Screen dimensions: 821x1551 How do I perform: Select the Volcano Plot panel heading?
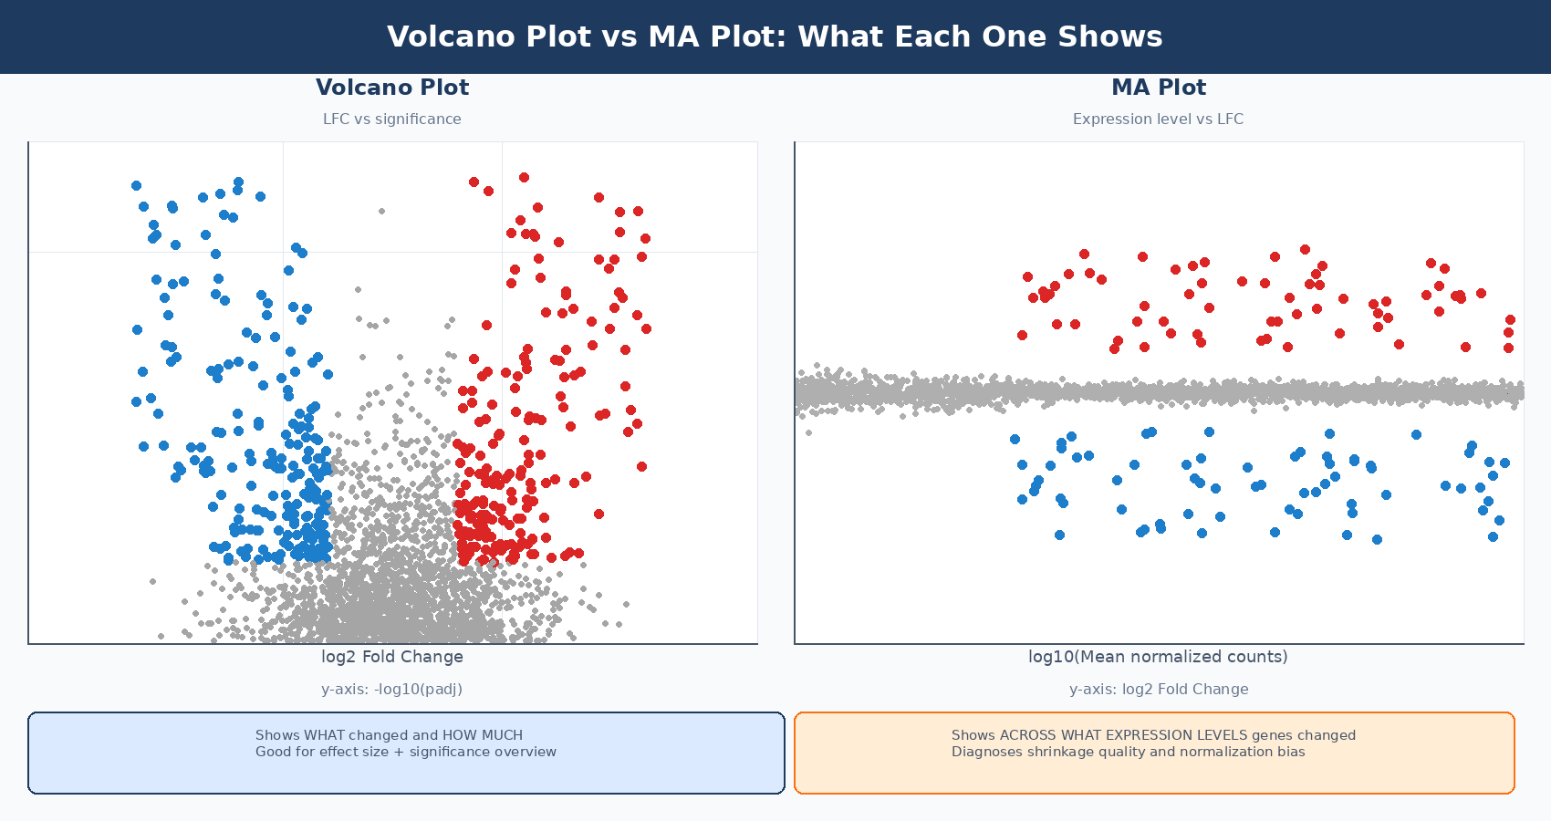(x=392, y=88)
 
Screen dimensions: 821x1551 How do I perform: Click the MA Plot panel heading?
(x=1159, y=88)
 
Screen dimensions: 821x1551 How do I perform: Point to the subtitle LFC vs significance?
(x=392, y=119)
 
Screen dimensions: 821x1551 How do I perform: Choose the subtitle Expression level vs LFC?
(x=1159, y=119)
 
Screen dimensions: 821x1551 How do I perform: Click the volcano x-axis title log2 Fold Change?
(x=392, y=657)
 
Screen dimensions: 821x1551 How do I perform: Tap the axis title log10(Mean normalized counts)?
(x=1159, y=657)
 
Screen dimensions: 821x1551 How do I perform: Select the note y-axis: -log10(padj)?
(x=392, y=690)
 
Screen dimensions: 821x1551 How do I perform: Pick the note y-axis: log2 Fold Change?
(x=1159, y=690)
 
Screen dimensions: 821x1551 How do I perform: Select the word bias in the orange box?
(x=1292, y=752)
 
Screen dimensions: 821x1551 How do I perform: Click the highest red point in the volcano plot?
(x=524, y=178)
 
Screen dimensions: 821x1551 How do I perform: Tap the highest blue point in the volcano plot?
(x=238, y=182)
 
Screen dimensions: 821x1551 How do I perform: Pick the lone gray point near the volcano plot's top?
(x=381, y=211)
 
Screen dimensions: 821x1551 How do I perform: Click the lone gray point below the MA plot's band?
(x=808, y=432)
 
